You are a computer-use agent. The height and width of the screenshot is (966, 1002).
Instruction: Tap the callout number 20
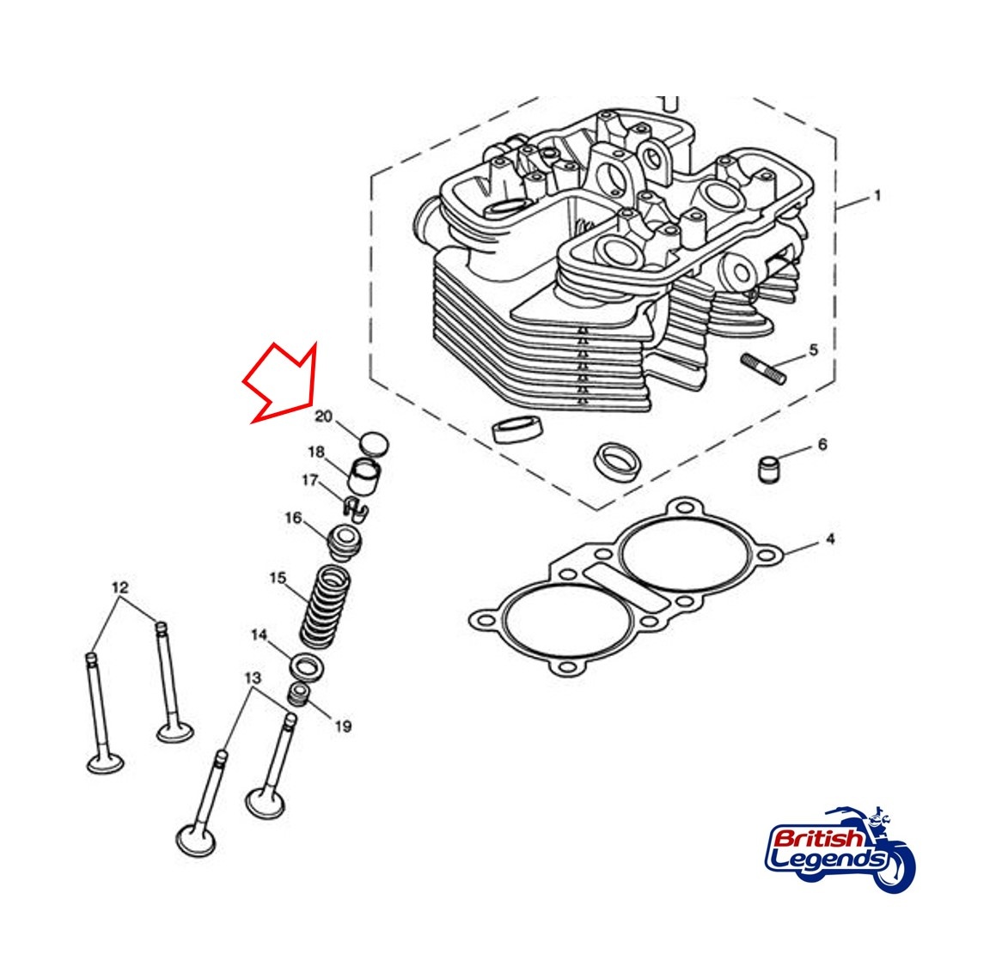coord(324,416)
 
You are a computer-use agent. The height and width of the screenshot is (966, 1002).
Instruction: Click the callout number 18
coord(316,452)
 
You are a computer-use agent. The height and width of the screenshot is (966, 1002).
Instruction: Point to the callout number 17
coord(310,479)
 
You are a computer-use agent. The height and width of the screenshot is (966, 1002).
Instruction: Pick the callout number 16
coord(293,517)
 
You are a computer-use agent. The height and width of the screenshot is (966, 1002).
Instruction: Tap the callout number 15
coord(278,578)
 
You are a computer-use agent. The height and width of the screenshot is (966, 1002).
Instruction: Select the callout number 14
coord(259,635)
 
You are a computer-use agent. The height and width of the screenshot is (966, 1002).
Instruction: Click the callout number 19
coord(343,726)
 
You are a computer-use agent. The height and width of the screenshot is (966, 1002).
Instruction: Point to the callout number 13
coord(253,677)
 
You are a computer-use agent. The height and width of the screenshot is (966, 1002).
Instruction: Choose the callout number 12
coord(120,587)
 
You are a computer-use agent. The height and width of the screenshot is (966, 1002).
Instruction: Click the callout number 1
coord(877,195)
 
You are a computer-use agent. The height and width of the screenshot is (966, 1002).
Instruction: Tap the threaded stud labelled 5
coord(763,369)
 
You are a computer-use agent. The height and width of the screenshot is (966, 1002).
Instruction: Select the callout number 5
coord(814,349)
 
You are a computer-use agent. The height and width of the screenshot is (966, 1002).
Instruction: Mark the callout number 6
coord(822,444)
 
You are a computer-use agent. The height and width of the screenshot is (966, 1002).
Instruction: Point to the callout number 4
coord(830,539)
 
